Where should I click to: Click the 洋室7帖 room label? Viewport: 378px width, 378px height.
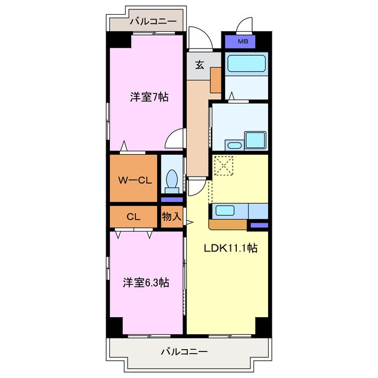click(x=149, y=97)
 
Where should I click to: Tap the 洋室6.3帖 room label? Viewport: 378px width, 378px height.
click(x=146, y=283)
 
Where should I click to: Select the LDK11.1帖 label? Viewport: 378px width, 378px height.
click(x=231, y=248)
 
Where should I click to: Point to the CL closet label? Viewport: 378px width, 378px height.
click(x=133, y=217)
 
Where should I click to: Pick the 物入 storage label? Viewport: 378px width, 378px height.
click(x=171, y=217)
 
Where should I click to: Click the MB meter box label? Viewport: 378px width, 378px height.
click(x=243, y=42)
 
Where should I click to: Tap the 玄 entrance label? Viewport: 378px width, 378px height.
click(x=200, y=65)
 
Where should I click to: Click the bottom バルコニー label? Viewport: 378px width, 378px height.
click(x=184, y=351)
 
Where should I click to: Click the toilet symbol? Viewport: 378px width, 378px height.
click(x=172, y=180)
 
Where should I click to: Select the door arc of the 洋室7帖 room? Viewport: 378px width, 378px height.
click(x=175, y=139)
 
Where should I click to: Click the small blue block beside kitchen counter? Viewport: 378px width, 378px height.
click(x=258, y=226)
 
